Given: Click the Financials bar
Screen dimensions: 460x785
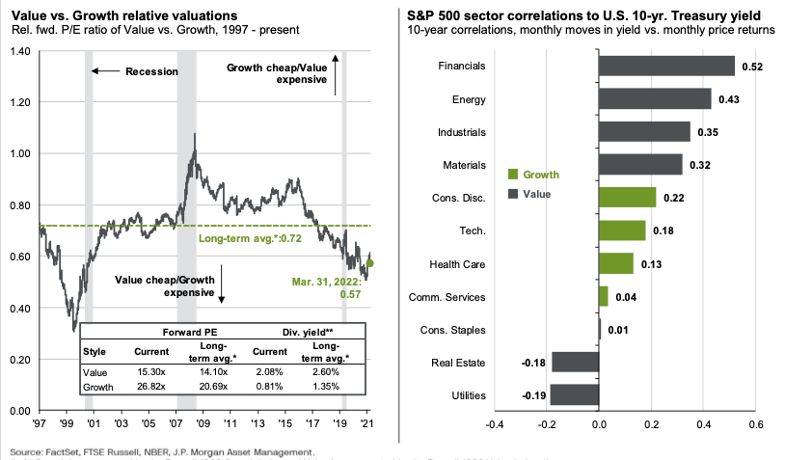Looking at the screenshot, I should tap(666, 66).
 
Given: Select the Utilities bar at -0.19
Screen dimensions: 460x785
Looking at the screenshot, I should tap(575, 395).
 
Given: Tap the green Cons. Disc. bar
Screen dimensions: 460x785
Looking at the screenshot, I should tap(627, 198).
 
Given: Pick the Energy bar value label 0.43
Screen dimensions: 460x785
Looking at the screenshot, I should tap(730, 99).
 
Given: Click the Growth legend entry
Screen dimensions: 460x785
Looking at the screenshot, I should tap(540, 175).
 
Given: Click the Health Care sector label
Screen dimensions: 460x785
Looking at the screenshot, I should tap(458, 264).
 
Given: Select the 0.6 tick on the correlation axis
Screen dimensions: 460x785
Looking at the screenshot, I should tap(755, 424).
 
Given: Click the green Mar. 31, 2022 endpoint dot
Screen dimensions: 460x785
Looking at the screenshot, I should tap(369, 262).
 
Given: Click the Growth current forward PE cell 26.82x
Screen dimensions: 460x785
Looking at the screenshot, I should tap(152, 387).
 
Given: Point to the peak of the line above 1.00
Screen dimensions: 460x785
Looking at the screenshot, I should tap(196, 134).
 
